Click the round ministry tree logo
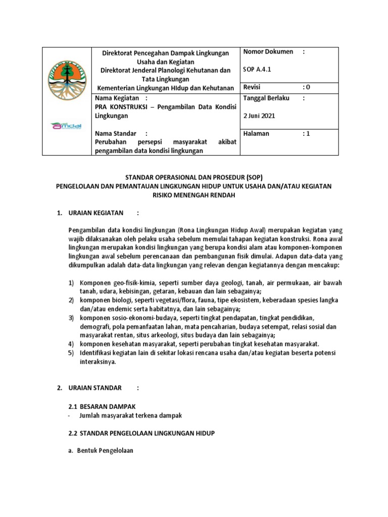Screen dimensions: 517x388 pyautogui.click(x=67, y=80)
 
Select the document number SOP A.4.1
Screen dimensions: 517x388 pyautogui.click(x=257, y=70)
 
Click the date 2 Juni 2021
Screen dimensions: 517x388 pyautogui.click(x=260, y=116)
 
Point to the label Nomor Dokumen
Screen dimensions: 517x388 pyautogui.click(x=268, y=52)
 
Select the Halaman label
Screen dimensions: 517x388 pyautogui.click(x=257, y=133)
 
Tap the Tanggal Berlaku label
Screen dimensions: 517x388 pyautogui.click(x=266, y=98)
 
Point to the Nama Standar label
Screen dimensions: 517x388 pyautogui.click(x=116, y=133)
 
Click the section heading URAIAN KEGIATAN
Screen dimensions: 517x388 pyautogui.click(x=96, y=213)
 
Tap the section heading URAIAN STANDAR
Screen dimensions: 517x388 pyautogui.click(x=95, y=388)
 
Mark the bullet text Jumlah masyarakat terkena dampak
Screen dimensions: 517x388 pyautogui.click(x=130, y=415)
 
